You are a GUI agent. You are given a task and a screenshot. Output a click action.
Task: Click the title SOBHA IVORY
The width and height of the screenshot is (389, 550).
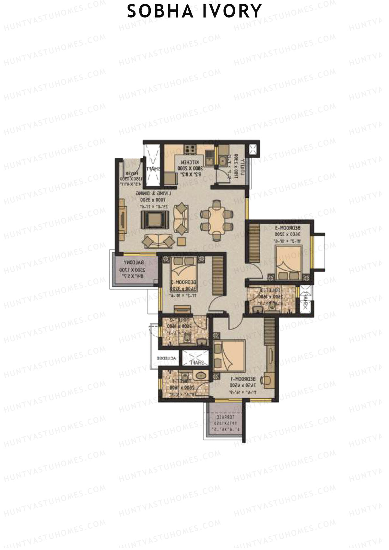click(x=194, y=11)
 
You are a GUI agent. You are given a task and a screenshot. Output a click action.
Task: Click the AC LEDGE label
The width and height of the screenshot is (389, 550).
click(x=167, y=358)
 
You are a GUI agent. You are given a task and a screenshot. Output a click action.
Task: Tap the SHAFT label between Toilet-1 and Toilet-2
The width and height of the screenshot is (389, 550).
click(x=194, y=363)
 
